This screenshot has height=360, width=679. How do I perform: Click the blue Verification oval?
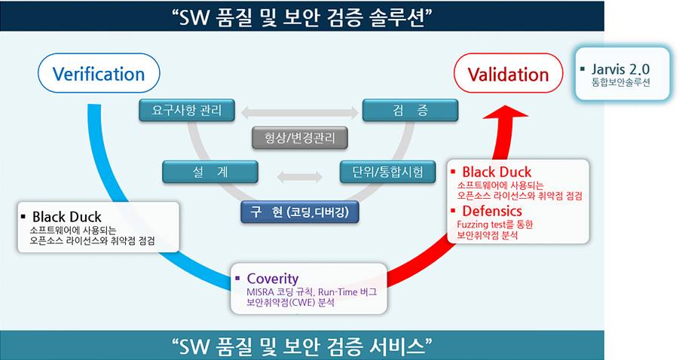[99, 73]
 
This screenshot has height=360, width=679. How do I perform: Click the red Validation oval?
[508, 73]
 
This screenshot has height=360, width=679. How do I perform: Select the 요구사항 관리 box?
[187, 111]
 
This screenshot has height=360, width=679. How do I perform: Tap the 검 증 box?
[410, 111]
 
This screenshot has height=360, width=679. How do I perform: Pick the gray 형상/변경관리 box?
[300, 138]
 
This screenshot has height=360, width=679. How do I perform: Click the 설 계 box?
[210, 172]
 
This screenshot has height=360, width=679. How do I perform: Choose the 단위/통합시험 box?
[387, 172]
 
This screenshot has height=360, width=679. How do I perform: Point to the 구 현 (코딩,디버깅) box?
[300, 212]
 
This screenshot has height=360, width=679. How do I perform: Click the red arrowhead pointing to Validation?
[506, 112]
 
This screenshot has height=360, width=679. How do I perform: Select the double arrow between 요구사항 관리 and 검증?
[299, 113]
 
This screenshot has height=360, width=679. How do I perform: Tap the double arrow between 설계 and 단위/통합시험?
[300, 176]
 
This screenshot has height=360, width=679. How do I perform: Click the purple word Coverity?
[272, 278]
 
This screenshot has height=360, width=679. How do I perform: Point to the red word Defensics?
[492, 211]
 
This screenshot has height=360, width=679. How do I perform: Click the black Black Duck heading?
[66, 216]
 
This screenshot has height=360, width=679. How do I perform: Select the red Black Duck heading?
[497, 172]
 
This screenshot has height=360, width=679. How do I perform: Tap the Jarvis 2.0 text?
[620, 69]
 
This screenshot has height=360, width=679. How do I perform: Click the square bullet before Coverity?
[237, 278]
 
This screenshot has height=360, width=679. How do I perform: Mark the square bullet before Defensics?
[453, 211]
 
